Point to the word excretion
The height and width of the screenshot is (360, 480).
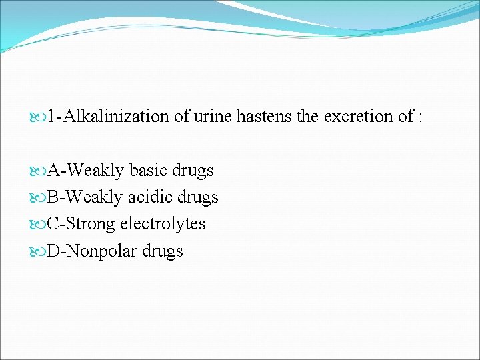pyautogui.click(x=358, y=117)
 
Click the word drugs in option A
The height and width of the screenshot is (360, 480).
pyautogui.click(x=193, y=171)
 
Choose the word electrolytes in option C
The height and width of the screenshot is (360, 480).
pyautogui.click(x=163, y=224)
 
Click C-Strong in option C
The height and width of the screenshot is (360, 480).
pyautogui.click(x=81, y=225)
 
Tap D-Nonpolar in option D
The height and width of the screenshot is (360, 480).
pyautogui.click(x=92, y=251)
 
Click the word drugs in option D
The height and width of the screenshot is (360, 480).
pyautogui.click(x=162, y=252)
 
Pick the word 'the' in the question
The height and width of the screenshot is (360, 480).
pyautogui.click(x=307, y=117)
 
